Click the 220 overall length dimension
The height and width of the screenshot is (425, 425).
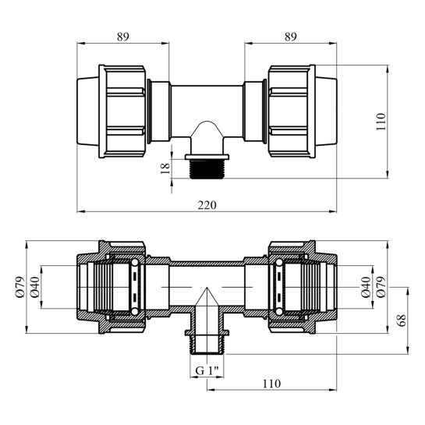click(207, 205)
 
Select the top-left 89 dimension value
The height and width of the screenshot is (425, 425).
click(123, 37)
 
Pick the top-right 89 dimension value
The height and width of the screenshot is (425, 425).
click(291, 37)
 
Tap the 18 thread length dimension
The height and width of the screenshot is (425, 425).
click(165, 168)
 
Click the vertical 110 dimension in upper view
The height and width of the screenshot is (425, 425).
click(381, 122)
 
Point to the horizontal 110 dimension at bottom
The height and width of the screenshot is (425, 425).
click(271, 384)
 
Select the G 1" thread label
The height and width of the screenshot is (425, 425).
click(207, 370)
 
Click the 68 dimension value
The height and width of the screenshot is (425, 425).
click(402, 321)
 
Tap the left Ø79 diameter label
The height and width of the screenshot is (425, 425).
click(20, 287)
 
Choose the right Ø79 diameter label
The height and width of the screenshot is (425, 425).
click(381, 287)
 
